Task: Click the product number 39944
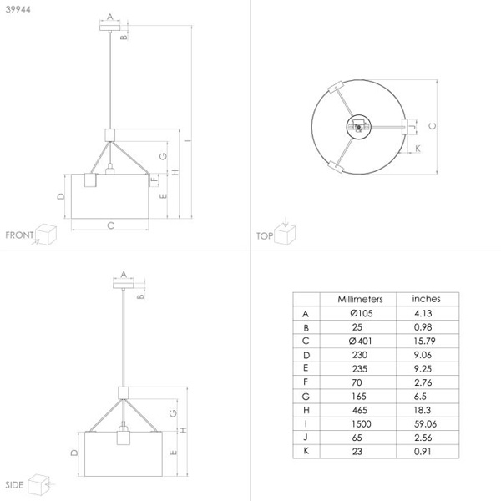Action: pos(18,9)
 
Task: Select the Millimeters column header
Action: pos(360,299)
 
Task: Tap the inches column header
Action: pos(426,299)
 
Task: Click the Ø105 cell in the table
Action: pos(361,313)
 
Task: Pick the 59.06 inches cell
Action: pos(425,423)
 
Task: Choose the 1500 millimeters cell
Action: pos(362,423)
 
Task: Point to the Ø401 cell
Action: pos(361,341)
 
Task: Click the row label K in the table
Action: pos(306,451)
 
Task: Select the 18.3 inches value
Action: pos(423,410)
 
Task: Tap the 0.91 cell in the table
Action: pos(423,451)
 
